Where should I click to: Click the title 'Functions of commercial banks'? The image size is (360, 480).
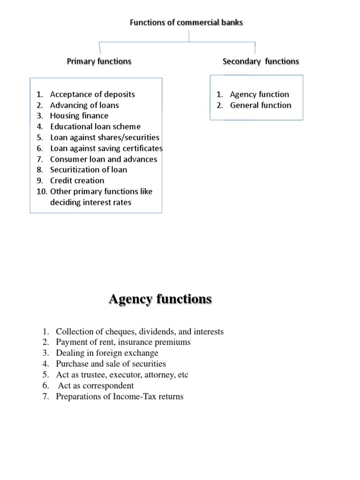186,22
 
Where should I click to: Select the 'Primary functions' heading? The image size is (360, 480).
99,61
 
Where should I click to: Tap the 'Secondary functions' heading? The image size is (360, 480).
261,61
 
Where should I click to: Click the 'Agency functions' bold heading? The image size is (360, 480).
160,299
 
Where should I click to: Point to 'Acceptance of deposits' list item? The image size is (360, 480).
92,94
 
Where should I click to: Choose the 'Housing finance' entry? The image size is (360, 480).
79,116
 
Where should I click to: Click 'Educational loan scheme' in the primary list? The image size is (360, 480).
95,127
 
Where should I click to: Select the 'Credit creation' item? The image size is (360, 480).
77,180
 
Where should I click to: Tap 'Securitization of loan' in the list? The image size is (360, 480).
89,170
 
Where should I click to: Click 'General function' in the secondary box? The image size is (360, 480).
261,105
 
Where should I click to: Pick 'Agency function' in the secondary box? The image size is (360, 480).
259,94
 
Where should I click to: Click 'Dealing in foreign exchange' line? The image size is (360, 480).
107,353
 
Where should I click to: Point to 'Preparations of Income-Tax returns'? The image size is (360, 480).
120,397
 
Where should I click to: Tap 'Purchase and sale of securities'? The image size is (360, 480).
111,364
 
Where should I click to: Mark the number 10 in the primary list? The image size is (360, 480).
41,191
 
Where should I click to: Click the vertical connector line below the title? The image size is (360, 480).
189,36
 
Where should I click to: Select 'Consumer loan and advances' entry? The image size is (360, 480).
104,159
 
